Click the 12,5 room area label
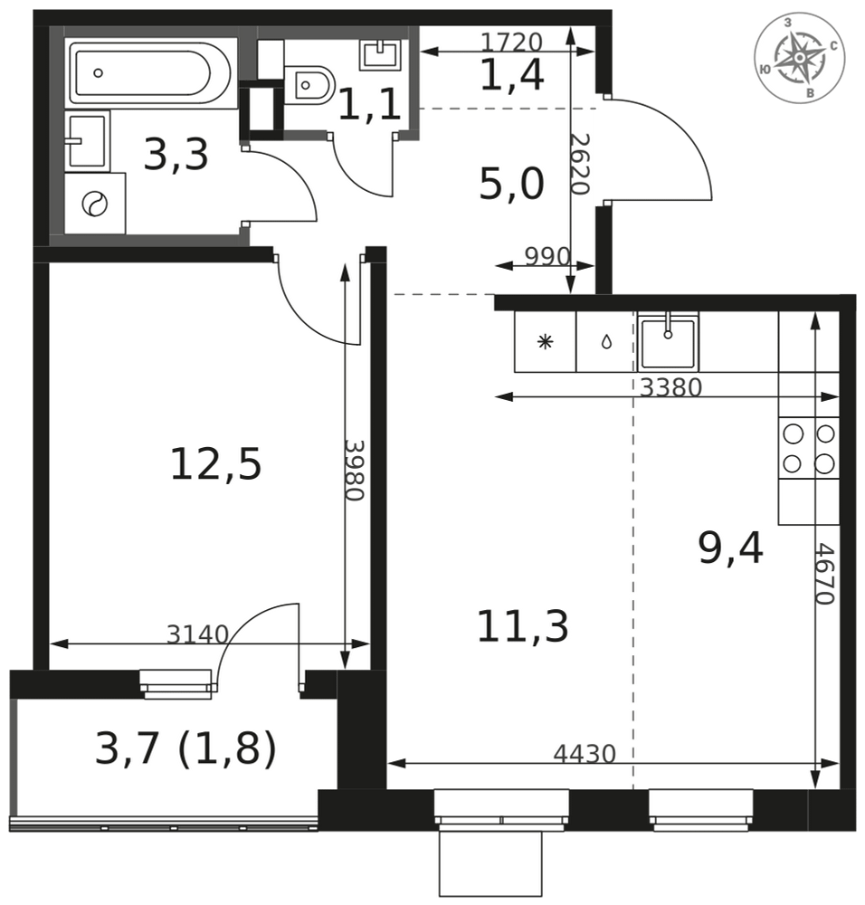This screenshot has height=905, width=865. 216,464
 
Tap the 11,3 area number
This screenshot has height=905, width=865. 523,626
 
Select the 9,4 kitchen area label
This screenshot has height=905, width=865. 730,548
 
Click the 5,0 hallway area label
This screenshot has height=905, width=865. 512,184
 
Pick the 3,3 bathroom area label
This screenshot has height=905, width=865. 176,155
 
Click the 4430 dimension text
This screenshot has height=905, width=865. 585,753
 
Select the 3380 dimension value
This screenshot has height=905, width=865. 671,387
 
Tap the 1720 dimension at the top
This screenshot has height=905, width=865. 511,42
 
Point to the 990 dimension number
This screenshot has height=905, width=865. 547,256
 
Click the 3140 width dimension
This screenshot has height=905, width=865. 198,634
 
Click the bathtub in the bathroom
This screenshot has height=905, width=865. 151,72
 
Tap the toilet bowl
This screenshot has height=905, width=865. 309,85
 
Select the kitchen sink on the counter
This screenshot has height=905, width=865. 668,342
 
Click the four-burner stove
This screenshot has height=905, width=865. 808,448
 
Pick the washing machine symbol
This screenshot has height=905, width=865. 95,203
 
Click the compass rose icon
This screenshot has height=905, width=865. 799,58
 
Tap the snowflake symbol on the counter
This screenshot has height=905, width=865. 545,342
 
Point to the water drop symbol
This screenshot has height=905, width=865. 606,342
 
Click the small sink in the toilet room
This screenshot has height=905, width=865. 380,55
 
